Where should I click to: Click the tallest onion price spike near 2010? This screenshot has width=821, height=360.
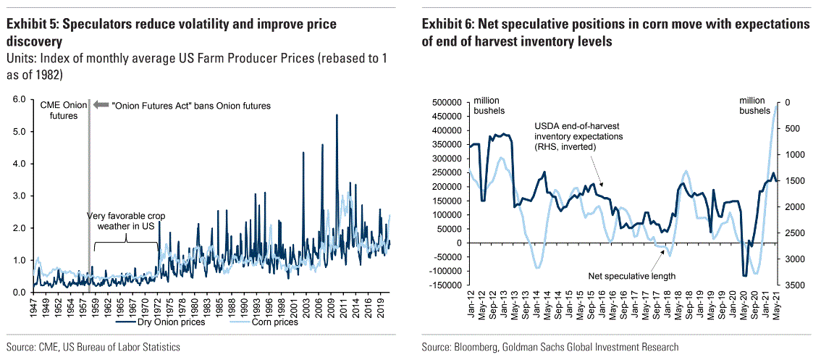(336, 116)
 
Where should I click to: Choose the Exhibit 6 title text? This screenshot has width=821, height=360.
(615, 33)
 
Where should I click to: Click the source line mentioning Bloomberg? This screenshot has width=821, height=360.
(550, 348)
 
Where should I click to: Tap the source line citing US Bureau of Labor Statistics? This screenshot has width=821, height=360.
(93, 348)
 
